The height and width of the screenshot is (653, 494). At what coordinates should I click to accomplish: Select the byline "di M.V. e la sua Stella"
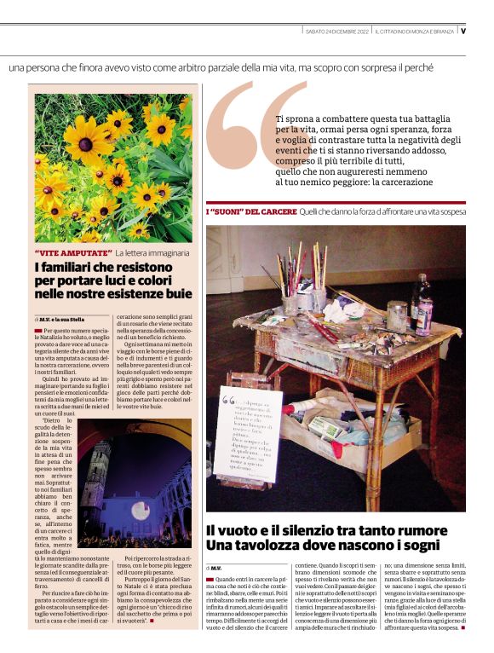(59, 318)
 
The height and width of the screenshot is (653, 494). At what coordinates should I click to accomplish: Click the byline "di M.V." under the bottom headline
(214, 566)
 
